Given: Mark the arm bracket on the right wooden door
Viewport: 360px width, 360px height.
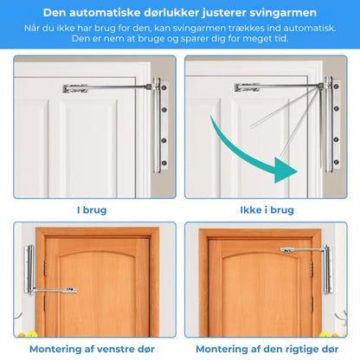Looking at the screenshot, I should click(x=286, y=251).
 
